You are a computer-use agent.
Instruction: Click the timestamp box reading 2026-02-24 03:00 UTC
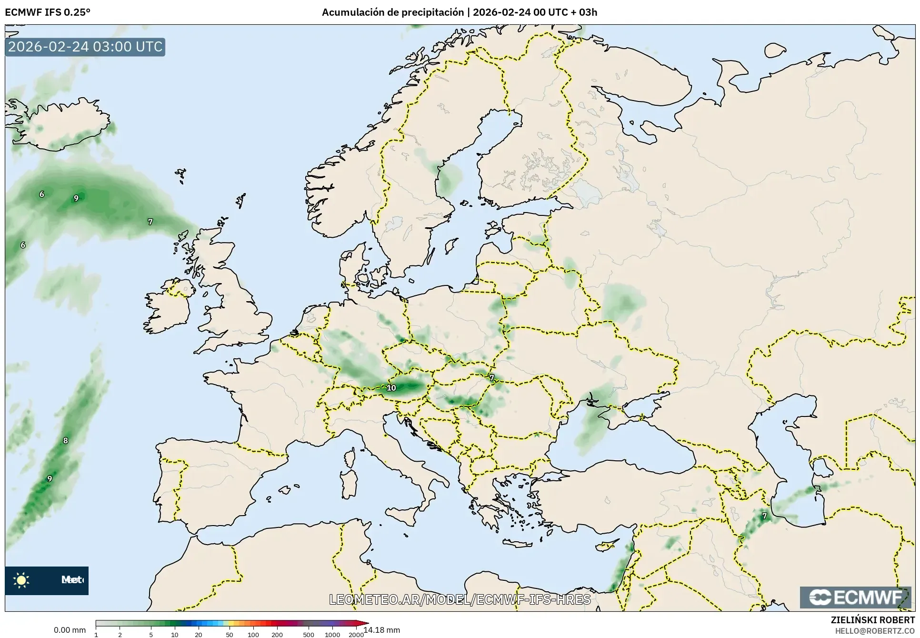pyautogui.click(x=85, y=47)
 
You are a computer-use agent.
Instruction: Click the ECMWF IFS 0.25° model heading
pyautogui.click(x=48, y=12)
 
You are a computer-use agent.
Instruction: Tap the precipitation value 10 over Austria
pyautogui.click(x=391, y=388)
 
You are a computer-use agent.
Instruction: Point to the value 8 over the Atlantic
pyautogui.click(x=66, y=440)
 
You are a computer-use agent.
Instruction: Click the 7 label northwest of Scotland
pyautogui.click(x=150, y=222)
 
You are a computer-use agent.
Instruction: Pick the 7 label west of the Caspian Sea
pyautogui.click(x=765, y=516)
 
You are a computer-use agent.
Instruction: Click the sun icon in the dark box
pyautogui.click(x=21, y=580)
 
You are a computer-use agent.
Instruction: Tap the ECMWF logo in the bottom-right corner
pyautogui.click(x=856, y=597)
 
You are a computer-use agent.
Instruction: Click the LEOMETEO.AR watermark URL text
pyautogui.click(x=460, y=599)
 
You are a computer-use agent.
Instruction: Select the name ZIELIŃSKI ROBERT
pyautogui.click(x=872, y=620)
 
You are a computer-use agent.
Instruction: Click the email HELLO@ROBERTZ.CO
pyautogui.click(x=875, y=630)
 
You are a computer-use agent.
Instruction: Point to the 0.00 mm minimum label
pyautogui.click(x=70, y=630)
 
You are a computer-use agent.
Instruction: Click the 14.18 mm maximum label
pyautogui.click(x=382, y=630)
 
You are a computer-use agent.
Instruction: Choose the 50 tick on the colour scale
pyautogui.click(x=230, y=635)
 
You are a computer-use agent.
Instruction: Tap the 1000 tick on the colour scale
pyautogui.click(x=332, y=635)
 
